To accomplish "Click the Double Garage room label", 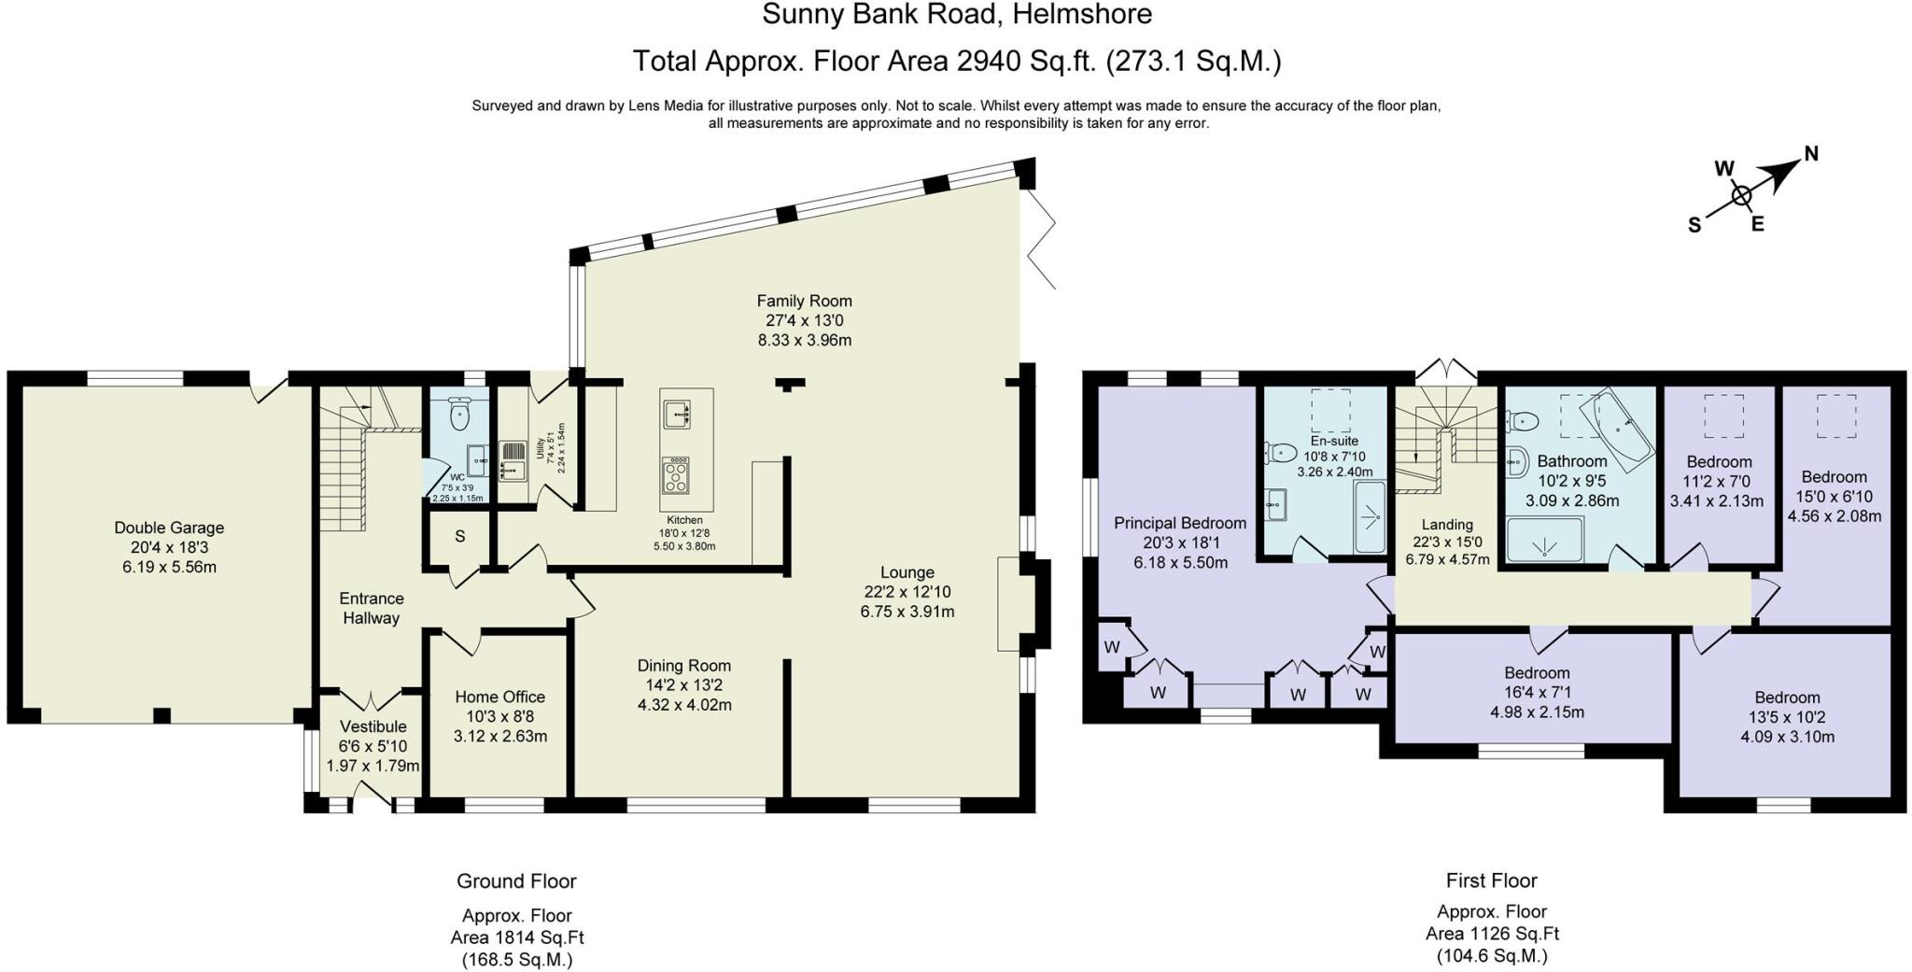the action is pyautogui.click(x=169, y=528).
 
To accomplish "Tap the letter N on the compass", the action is pyautogui.click(x=1810, y=154).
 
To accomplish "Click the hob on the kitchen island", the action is pyautogui.click(x=675, y=475).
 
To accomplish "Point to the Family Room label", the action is pyautogui.click(x=804, y=301).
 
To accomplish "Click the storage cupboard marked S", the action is pyautogui.click(x=460, y=537).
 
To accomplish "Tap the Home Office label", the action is pyautogui.click(x=499, y=697).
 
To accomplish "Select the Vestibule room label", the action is pyautogui.click(x=373, y=726).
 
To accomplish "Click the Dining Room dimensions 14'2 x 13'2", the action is pyautogui.click(x=684, y=685).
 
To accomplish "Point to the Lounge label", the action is pyautogui.click(x=907, y=572).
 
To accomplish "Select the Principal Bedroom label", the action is pyautogui.click(x=1180, y=523).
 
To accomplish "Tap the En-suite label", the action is pyautogui.click(x=1334, y=441).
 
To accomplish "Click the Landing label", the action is pyautogui.click(x=1447, y=525).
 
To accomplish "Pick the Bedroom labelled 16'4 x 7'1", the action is pyautogui.click(x=1537, y=672).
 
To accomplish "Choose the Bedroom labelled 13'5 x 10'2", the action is pyautogui.click(x=1787, y=697).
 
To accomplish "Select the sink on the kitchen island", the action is pyautogui.click(x=676, y=414).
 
